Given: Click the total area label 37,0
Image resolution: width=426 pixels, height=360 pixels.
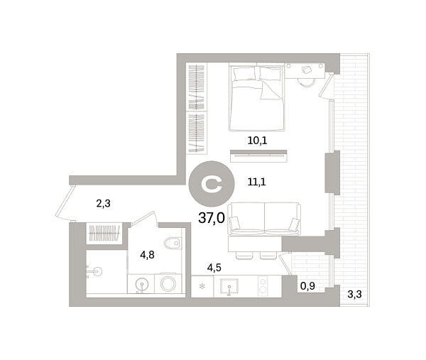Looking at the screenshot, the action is (212, 218).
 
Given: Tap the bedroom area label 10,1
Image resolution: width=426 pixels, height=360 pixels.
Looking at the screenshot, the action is (257, 141).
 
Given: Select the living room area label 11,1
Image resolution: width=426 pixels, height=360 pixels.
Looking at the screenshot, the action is (257, 182).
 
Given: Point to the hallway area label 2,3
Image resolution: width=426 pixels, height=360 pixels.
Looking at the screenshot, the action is (103, 203).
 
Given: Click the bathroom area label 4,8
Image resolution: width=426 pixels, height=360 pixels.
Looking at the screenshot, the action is (147, 255).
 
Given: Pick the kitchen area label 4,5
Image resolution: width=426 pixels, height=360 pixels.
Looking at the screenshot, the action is (214, 268).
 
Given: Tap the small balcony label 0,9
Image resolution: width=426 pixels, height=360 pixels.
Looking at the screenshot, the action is (307, 286).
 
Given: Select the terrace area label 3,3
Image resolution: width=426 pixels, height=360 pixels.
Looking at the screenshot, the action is (354, 294).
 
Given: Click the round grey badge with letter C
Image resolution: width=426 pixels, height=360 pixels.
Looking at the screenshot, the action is (212, 184).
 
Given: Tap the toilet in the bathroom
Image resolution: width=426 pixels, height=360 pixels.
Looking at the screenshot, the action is (173, 243).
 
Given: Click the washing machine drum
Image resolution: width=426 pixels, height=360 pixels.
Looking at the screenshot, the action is (168, 284).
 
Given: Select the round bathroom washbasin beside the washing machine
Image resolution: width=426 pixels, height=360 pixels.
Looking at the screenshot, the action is (142, 285).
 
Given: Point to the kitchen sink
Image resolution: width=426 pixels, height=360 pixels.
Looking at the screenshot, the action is (229, 287).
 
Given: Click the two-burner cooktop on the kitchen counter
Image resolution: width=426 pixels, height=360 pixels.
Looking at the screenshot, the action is (263, 286).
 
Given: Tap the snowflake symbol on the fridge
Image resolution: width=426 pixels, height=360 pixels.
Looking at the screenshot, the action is (202, 286).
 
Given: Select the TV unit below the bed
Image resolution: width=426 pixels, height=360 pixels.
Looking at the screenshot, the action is (258, 156).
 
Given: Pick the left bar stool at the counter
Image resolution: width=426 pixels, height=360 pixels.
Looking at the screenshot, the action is (244, 256).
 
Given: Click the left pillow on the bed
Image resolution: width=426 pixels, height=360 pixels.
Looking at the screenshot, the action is (244, 74).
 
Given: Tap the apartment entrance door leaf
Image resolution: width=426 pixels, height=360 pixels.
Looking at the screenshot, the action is (65, 200).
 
